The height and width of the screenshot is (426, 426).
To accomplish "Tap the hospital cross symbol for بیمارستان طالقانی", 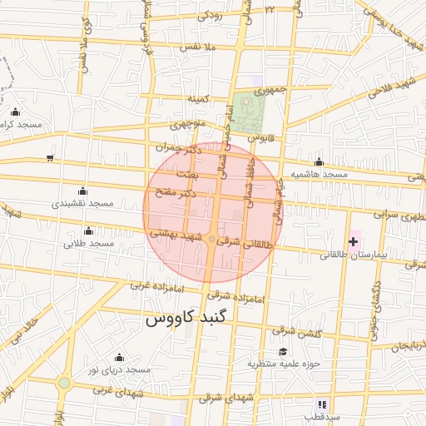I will pos(354,240).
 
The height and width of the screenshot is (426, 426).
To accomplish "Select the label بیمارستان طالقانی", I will pos(349,255).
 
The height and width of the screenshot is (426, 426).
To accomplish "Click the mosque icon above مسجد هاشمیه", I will pos(319,162).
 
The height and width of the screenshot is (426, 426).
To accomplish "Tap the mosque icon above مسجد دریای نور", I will pos(118,357).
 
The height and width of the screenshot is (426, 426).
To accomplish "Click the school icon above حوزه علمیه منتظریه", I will pos(283,352).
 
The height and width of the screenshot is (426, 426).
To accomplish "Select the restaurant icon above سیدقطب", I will pos(322,404).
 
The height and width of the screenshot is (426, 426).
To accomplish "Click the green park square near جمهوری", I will pos(246,107).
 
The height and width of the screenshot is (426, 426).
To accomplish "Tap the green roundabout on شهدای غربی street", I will pos(64,383).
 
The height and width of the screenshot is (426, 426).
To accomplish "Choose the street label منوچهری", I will pos(187,126).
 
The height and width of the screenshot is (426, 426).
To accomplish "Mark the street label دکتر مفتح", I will pos(176,193).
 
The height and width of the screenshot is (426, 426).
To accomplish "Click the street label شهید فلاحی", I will pos(395,85).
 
